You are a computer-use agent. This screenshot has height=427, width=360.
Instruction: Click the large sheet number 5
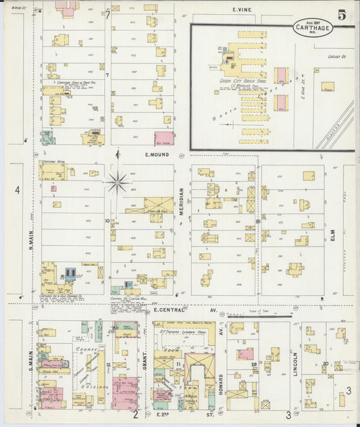(x=343, y=14)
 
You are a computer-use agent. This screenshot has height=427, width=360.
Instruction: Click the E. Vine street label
(x=242, y=9)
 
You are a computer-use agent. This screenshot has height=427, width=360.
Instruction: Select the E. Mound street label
(x=155, y=154)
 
